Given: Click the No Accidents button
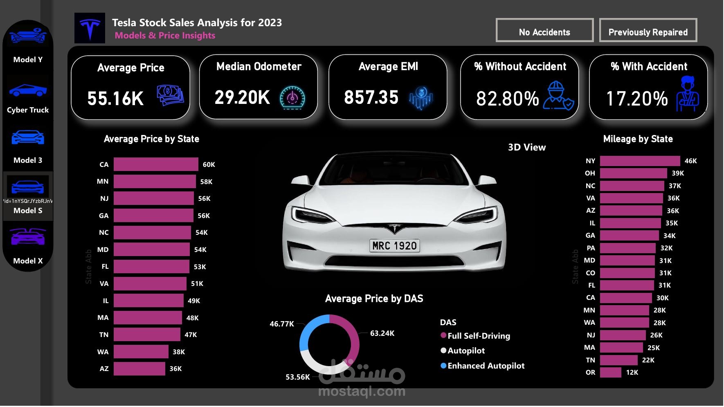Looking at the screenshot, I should (544, 30).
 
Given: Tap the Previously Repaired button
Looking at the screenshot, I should (648, 30).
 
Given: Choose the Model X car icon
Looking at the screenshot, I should (28, 237).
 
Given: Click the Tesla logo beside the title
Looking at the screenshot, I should (90, 28).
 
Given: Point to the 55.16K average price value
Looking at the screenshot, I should (115, 99).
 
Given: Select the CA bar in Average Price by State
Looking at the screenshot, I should (156, 164).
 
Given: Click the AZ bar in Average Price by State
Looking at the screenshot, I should (139, 369).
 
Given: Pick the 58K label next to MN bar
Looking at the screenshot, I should (206, 182).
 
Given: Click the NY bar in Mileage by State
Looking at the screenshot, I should (640, 161).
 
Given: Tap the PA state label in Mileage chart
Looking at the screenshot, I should (590, 248).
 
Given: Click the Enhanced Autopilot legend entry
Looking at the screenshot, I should (486, 366).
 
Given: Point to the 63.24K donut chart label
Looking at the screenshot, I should (382, 333).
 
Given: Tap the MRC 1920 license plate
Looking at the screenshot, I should (394, 245).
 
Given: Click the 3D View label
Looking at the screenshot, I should (526, 147).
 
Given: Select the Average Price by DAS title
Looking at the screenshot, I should (374, 299).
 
